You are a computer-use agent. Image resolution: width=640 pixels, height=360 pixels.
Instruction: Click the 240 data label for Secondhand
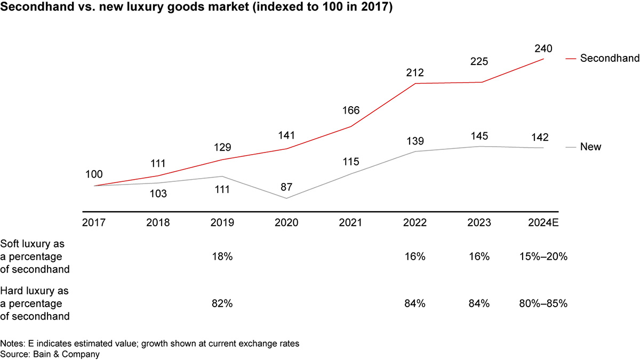(543, 49)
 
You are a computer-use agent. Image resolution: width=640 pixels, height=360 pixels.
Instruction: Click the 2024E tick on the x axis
(543, 222)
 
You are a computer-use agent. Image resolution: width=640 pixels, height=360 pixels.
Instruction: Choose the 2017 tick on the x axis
(94, 222)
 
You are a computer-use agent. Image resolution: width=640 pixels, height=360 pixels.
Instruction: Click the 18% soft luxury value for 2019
(222, 257)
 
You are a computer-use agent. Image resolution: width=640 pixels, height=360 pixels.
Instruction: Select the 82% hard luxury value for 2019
(222, 304)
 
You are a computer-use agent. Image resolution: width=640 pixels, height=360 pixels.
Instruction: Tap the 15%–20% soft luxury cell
(543, 257)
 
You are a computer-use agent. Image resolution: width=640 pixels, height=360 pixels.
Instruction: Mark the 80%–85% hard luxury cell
(543, 304)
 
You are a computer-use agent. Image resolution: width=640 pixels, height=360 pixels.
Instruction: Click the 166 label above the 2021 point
(351, 111)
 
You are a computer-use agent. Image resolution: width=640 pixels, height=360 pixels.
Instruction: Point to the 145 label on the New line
(479, 137)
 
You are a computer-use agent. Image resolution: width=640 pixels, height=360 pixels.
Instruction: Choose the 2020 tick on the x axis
(287, 222)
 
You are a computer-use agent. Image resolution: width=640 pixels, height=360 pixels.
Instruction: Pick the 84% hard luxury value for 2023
(479, 304)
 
